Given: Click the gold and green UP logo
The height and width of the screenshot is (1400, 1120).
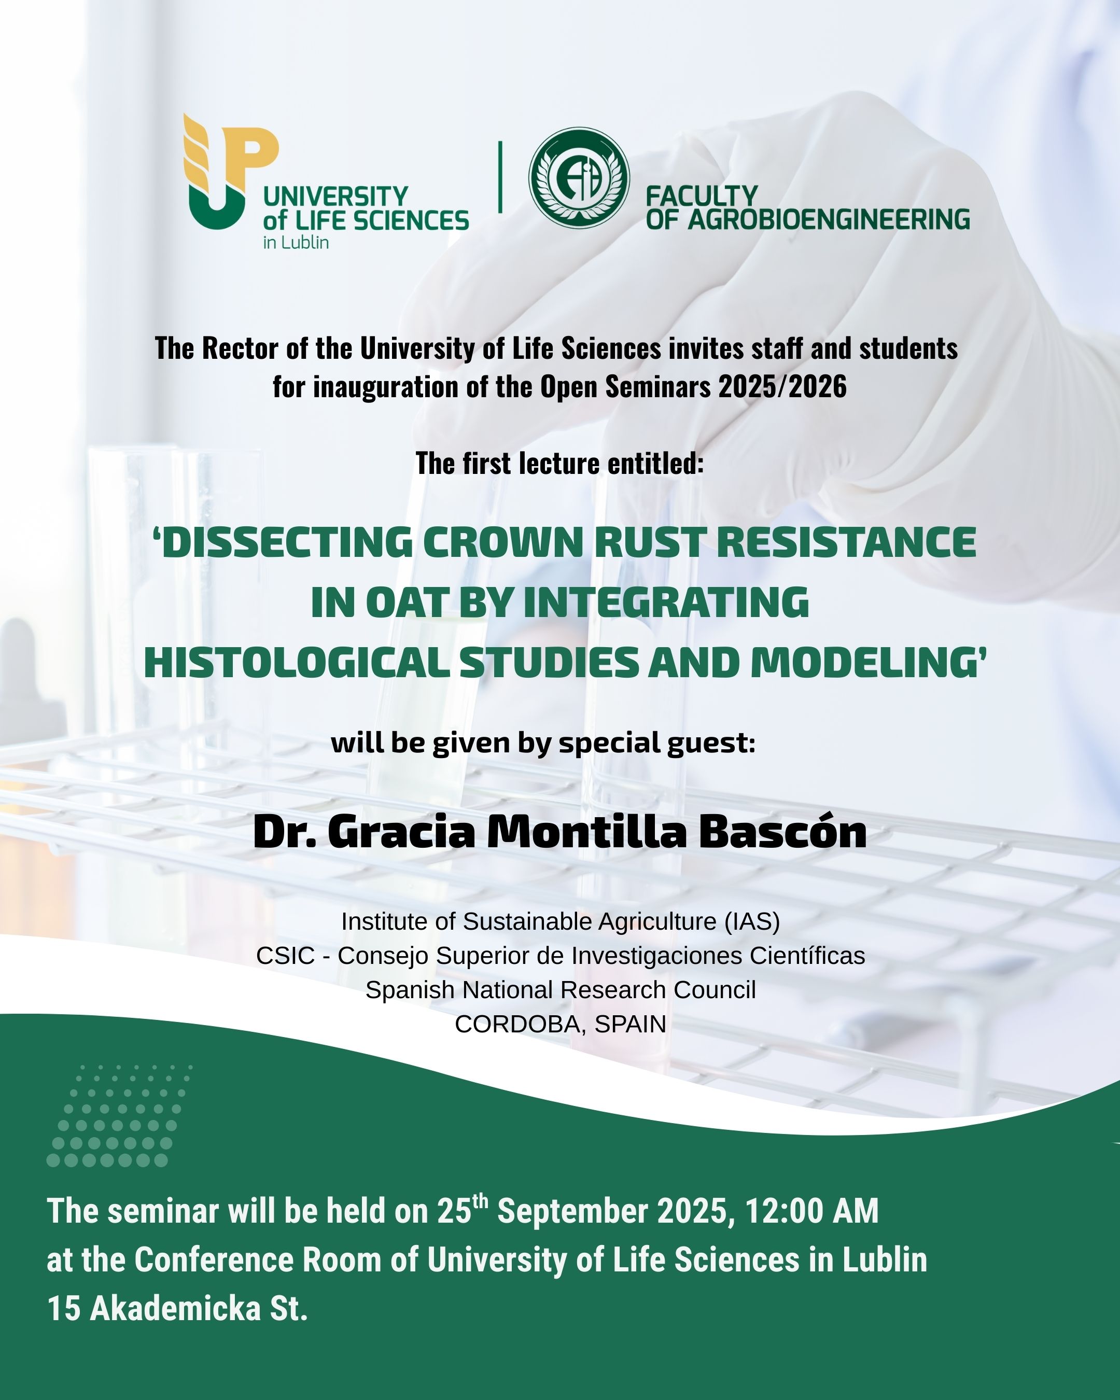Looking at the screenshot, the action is click(232, 172).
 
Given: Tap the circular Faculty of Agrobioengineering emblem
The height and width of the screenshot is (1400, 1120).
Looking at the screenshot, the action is click(579, 177).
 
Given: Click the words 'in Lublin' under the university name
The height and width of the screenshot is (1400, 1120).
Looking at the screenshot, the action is click(296, 243).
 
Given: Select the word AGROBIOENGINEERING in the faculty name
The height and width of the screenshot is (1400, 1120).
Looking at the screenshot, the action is click(829, 219).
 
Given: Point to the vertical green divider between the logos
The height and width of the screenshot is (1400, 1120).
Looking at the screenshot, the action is click(500, 177).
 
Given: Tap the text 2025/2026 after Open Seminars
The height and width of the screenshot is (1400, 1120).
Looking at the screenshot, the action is click(782, 387).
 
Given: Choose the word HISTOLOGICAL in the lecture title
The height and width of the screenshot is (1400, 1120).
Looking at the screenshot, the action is click(297, 662).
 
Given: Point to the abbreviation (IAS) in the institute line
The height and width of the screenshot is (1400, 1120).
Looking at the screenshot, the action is click(751, 921).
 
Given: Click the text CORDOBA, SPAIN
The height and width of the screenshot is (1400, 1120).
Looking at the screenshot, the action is click(561, 1024).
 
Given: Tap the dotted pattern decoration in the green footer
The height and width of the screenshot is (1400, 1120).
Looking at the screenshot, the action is click(119, 1115).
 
